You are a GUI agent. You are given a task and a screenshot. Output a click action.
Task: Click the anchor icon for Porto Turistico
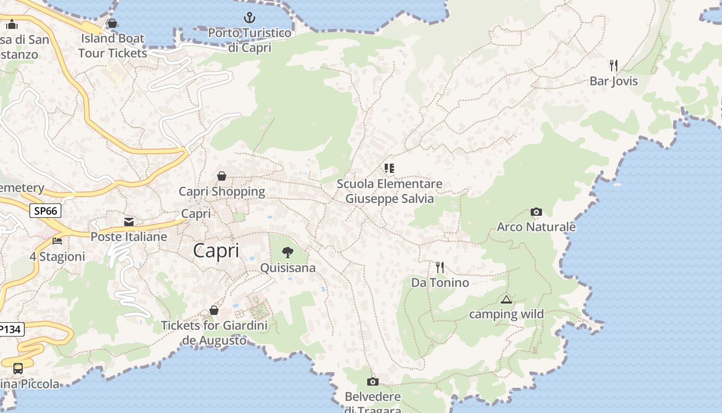click(x=250, y=18)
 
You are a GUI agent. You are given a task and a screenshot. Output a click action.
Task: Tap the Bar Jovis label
click(x=614, y=81)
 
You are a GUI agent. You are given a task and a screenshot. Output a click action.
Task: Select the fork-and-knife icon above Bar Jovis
click(x=614, y=66)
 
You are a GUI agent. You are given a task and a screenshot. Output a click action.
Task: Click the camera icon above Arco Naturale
click(x=536, y=212)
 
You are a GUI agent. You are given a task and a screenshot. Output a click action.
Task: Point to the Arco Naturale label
click(x=536, y=227)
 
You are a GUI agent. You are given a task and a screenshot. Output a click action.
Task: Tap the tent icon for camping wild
click(x=506, y=299)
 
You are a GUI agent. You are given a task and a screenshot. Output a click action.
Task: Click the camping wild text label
click(x=506, y=314)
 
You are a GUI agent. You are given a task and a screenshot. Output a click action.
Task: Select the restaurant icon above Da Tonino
click(x=440, y=267)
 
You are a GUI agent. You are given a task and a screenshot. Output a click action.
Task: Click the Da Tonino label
click(x=440, y=282)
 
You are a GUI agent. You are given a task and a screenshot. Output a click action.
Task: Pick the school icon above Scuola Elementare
click(x=389, y=168)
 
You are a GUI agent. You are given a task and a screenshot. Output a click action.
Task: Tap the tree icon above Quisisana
click(x=288, y=252)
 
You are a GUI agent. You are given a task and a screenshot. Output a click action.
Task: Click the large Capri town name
click(x=216, y=251)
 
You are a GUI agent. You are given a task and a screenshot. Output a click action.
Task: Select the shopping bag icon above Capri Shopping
click(x=222, y=177)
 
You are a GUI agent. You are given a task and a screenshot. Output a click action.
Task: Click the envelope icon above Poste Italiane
click(x=129, y=222)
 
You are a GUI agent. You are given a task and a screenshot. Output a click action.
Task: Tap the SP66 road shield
click(x=45, y=211)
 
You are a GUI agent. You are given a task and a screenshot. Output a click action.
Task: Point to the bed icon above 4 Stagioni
click(x=57, y=241)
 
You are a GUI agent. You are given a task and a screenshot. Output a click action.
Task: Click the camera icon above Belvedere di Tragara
click(x=372, y=382)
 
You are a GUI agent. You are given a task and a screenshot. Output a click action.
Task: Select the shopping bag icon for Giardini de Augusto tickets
click(x=214, y=311)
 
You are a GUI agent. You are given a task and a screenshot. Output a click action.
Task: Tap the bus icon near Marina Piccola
click(x=18, y=369)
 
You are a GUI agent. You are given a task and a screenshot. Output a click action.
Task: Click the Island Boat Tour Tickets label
click(x=113, y=45)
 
